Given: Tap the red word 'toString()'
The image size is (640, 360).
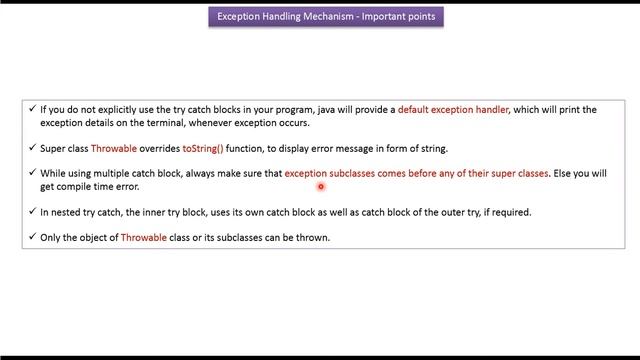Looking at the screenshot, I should [x=203, y=148].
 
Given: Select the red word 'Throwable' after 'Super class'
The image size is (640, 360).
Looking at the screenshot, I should [x=114, y=148].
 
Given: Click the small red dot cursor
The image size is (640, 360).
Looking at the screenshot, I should [x=321, y=186].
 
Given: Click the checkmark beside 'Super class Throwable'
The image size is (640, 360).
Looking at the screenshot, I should [x=32, y=148].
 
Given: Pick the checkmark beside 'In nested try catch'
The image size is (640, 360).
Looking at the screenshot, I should [x=32, y=212].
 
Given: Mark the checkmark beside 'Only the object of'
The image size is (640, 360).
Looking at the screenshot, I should [x=32, y=238].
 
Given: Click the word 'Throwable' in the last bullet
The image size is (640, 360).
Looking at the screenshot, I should [x=144, y=238].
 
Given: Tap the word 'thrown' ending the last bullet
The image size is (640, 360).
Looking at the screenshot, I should [x=311, y=238].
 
